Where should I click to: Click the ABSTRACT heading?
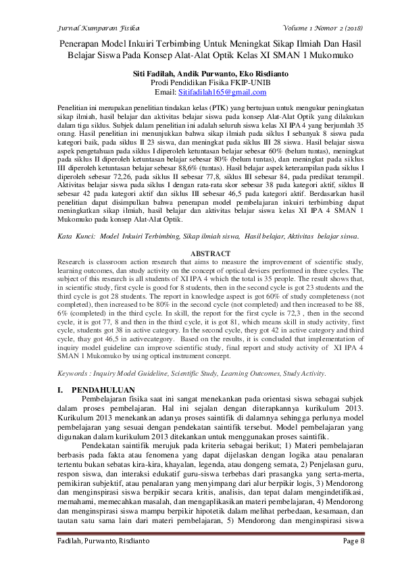[201, 254]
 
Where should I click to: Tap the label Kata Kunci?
[72, 237]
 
